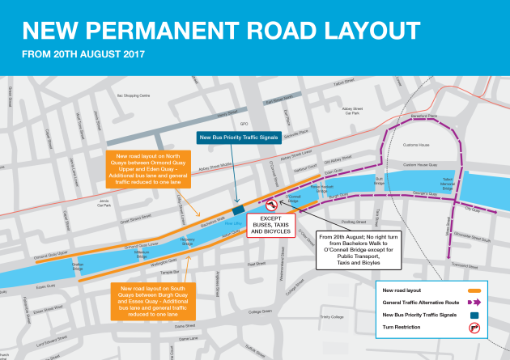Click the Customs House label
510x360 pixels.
pyautogui.click(x=415, y=145)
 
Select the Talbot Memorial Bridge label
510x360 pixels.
pyautogui.click(x=448, y=184)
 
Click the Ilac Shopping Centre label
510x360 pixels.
pyautogui.click(x=134, y=95)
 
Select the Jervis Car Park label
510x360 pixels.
pyautogui.click(x=104, y=204)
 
